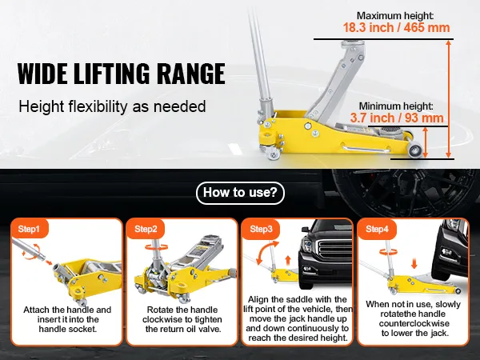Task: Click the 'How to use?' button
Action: [x=240, y=193]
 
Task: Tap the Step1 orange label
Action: [x=30, y=229]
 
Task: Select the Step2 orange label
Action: [x=146, y=229]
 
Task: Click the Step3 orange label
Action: [x=261, y=229]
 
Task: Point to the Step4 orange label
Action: [x=377, y=229]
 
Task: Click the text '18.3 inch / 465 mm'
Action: [x=396, y=27]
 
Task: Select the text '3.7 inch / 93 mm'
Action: [x=397, y=118]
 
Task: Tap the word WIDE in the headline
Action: [x=42, y=74]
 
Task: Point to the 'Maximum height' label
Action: [x=395, y=16]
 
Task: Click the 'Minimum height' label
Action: [x=396, y=106]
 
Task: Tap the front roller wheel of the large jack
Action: [x=414, y=150]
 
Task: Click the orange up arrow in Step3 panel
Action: [x=288, y=261]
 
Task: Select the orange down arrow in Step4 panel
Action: [x=414, y=264]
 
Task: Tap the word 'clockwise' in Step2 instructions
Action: [x=160, y=319]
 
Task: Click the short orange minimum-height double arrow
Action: [x=425, y=142]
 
